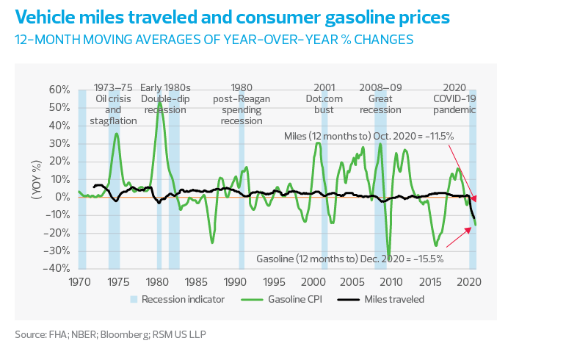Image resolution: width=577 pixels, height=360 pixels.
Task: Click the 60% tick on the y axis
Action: pos(60,90)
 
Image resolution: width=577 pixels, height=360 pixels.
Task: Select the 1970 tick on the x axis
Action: pos(79,281)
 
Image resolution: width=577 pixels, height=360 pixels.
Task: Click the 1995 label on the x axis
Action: pos(275,281)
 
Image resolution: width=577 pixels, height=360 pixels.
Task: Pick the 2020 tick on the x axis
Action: pos(470,281)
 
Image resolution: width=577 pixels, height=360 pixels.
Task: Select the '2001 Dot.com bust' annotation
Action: pos(324,98)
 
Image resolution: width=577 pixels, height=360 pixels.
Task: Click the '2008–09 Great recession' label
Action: pos(380,98)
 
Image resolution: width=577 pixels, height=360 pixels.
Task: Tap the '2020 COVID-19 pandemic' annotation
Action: pos(454,98)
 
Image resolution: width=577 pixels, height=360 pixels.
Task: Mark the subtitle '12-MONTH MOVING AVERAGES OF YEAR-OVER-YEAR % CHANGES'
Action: pos(214,38)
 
